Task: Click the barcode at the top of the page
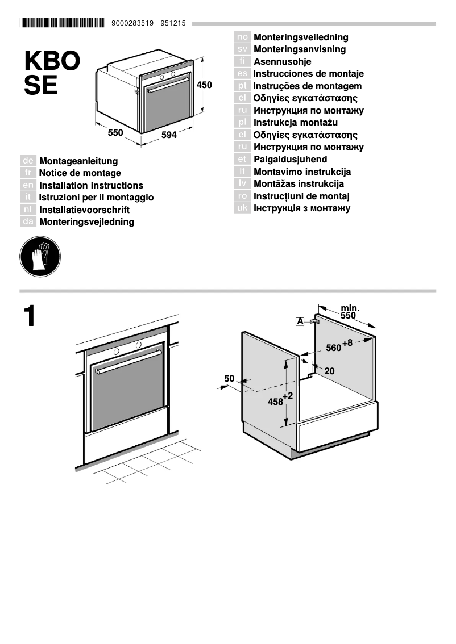(62, 23)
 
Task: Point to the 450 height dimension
(204, 85)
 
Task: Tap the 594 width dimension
(169, 135)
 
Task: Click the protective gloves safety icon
(40, 257)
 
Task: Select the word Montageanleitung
(78, 161)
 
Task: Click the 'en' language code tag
(28, 185)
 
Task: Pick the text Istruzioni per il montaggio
(96, 198)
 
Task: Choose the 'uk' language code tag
(242, 208)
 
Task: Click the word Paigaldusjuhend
(290, 160)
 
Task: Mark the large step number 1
(30, 316)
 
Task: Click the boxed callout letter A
(300, 322)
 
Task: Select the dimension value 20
(329, 371)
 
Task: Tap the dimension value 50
(229, 378)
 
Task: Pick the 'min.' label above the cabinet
(350, 308)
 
